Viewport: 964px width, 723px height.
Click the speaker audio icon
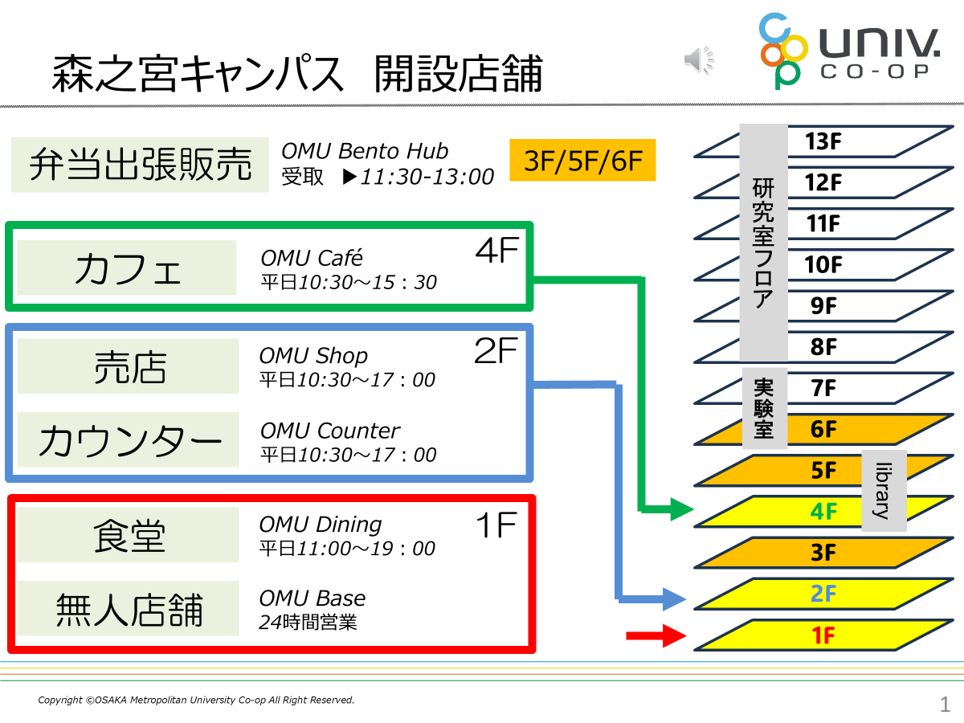(699, 59)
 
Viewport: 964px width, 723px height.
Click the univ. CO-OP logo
(849, 51)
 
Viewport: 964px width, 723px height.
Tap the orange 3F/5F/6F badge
(582, 160)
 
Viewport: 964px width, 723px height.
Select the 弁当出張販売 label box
(140, 165)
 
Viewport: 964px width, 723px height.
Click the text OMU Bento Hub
(365, 151)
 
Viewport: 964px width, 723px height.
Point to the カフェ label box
(127, 268)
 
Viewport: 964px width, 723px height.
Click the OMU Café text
(312, 258)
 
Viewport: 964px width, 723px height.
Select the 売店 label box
(129, 366)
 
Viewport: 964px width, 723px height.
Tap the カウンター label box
(129, 439)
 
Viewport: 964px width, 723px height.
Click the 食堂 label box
(129, 535)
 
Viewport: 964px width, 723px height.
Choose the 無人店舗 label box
(129, 608)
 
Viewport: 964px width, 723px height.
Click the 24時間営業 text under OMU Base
(308, 622)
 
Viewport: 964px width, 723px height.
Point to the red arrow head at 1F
(675, 635)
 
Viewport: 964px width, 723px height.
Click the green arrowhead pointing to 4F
(682, 509)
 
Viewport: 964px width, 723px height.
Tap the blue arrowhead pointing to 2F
(674, 598)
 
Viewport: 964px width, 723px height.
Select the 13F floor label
(823, 141)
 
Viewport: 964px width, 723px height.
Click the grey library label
(884, 491)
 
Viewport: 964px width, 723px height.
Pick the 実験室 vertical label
(764, 408)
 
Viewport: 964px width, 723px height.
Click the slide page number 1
(945, 705)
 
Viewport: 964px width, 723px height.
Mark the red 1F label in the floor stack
(823, 635)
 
